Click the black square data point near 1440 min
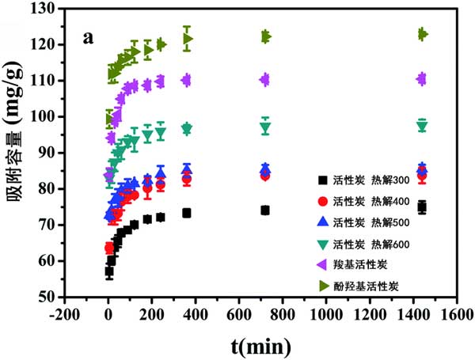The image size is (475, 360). (422, 207)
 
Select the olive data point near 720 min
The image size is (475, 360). (265, 36)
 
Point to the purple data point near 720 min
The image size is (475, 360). (264, 79)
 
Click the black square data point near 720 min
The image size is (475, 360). (265, 210)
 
